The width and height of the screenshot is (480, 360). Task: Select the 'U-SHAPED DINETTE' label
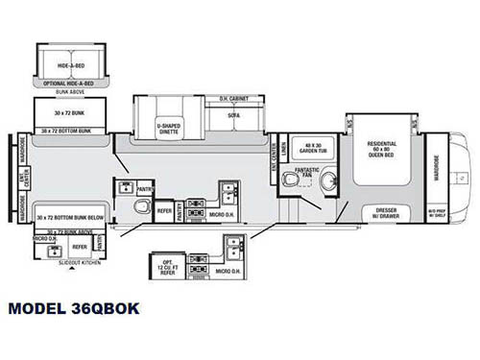click(x=168, y=127)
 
